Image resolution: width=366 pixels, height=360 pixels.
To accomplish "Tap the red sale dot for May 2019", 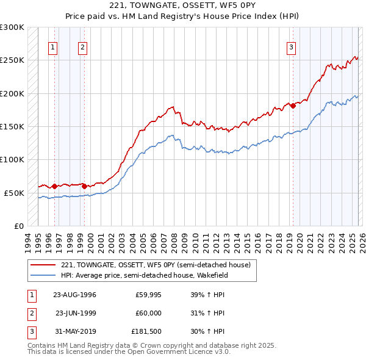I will [x=293, y=106].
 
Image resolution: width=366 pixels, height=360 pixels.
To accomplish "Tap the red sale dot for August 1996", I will [x=54, y=186].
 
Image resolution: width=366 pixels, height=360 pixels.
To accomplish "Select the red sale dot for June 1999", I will [x=84, y=186].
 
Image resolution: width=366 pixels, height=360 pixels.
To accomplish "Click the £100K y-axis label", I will [x=12, y=159].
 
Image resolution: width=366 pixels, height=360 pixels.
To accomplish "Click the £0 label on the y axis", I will [x=18, y=226].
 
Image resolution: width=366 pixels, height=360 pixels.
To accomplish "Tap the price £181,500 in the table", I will [x=146, y=333].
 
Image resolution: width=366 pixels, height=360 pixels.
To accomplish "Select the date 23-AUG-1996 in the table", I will [x=74, y=295].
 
